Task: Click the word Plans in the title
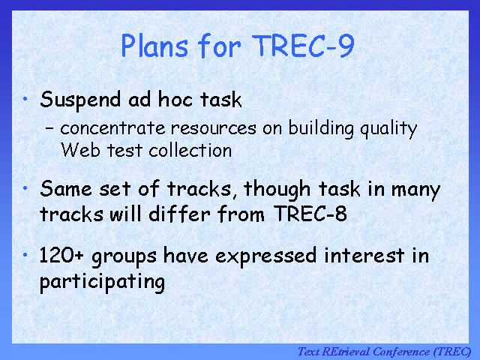[154, 45]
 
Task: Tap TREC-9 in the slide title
[303, 45]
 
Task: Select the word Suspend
[80, 100]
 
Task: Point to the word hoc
[175, 99]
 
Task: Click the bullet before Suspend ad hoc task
[25, 98]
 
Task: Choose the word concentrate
[112, 127]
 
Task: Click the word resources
[213, 128]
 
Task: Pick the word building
[321, 128]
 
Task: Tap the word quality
[388, 128]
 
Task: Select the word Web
[80, 150]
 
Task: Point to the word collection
[190, 150]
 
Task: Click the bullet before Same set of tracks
[25, 188]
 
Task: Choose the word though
[277, 190]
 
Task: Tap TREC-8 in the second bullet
[310, 213]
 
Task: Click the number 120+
[61, 255]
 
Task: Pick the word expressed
[266, 256]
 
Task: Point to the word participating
[102, 283]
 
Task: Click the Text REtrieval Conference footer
[385, 352]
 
